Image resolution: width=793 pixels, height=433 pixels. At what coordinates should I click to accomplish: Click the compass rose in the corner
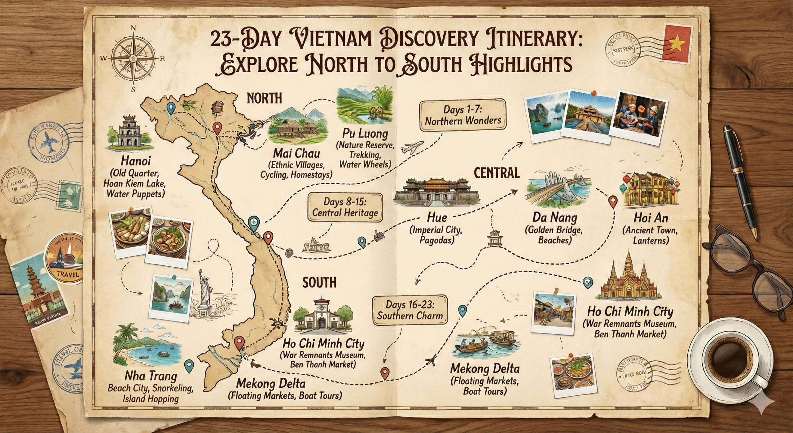[134, 58]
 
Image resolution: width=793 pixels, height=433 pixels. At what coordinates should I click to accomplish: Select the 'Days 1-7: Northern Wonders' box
[462, 115]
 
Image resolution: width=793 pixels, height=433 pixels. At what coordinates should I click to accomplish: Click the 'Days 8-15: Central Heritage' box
[345, 207]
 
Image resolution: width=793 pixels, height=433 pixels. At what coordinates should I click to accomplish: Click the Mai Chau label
[296, 153]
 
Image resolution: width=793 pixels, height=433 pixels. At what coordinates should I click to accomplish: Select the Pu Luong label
[365, 133]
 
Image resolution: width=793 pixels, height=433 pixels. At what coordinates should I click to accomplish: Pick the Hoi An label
[651, 218]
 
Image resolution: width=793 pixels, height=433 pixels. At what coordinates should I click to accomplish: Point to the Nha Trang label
[151, 376]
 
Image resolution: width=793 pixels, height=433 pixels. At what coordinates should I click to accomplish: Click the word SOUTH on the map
[319, 283]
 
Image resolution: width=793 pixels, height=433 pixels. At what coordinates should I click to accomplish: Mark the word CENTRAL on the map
[497, 173]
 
